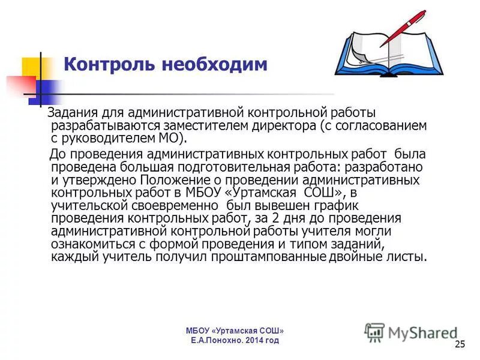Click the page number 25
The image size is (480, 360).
pyautogui.click(x=460, y=344)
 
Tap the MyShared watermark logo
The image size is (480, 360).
pyautogui.click(x=411, y=332)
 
